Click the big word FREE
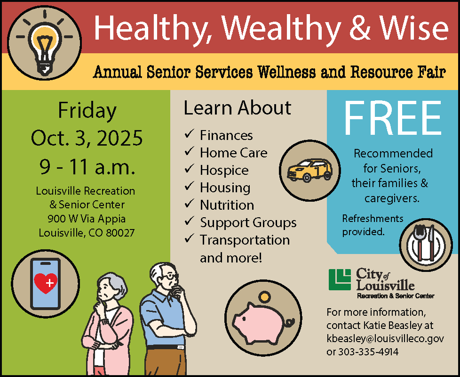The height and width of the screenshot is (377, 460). (393, 118)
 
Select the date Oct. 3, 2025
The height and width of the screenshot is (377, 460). (87, 139)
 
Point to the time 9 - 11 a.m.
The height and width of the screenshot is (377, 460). (87, 166)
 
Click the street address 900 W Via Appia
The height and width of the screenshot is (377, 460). (87, 219)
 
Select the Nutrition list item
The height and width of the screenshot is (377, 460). (227, 205)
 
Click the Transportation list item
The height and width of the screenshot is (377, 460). (245, 240)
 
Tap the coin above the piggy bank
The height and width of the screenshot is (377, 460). (265, 297)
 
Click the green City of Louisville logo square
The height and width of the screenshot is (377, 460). (340, 279)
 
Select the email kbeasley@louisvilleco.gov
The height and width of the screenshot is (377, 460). (385, 338)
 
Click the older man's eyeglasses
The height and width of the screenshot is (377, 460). (171, 277)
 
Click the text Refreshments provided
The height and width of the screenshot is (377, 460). (366, 225)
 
